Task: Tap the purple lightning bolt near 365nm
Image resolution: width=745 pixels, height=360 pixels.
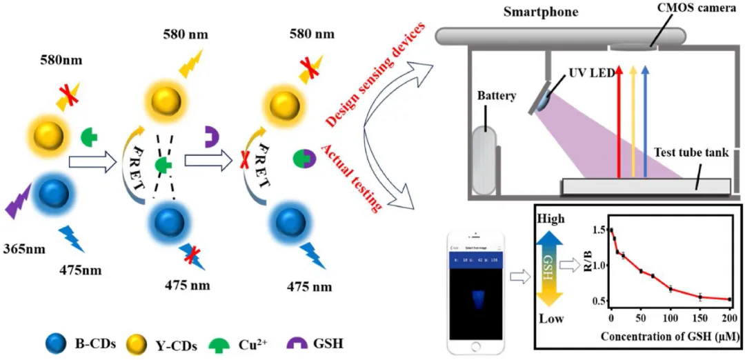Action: [20, 201]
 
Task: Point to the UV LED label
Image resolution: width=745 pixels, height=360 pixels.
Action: [590, 74]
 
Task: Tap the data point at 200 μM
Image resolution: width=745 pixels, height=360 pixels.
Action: [729, 299]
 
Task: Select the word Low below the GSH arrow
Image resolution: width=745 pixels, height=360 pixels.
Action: [550, 319]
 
